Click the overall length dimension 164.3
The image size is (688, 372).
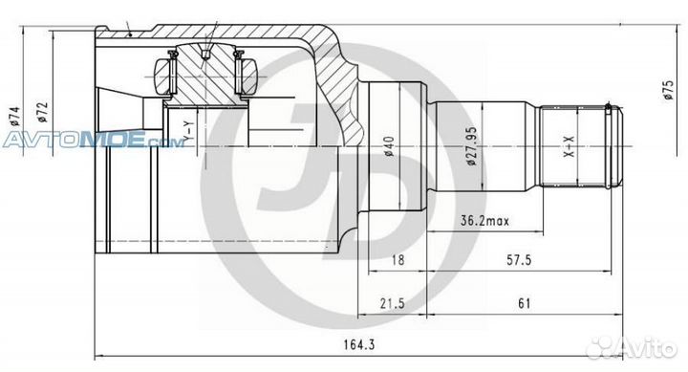click(358, 344)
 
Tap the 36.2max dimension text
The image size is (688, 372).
click(484, 221)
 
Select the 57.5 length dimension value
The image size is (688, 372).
click(519, 260)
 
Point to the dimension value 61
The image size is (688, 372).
click(525, 303)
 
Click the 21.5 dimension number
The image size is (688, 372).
click(393, 303)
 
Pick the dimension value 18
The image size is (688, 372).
click(398, 260)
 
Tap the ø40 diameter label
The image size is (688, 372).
click(389, 146)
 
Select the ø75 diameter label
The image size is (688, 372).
click(668, 90)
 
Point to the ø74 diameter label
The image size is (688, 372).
click(14, 117)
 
